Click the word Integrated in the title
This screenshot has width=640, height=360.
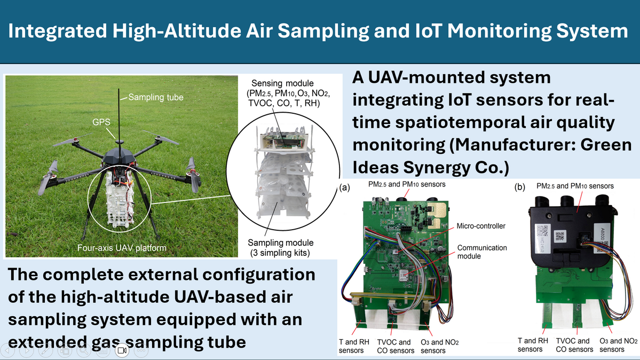(x=58, y=32)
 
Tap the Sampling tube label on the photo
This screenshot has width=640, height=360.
(x=156, y=97)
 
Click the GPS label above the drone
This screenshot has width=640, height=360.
(x=101, y=122)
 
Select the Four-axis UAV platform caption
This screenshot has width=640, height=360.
(x=122, y=248)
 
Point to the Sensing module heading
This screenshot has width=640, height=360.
(x=282, y=83)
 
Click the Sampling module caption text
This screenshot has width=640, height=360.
(x=281, y=242)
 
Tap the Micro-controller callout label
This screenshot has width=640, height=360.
(x=481, y=226)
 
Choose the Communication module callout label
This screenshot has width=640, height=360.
(x=481, y=252)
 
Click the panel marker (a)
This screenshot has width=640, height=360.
(x=345, y=187)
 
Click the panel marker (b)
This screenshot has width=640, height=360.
(x=519, y=187)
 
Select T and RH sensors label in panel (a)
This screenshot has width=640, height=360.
(x=354, y=346)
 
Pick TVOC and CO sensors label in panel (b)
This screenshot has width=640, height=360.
(x=574, y=345)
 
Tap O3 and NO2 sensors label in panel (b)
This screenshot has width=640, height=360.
(x=618, y=345)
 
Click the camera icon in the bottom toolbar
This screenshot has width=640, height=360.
(x=122, y=350)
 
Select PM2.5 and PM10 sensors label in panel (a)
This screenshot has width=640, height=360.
(x=407, y=184)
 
